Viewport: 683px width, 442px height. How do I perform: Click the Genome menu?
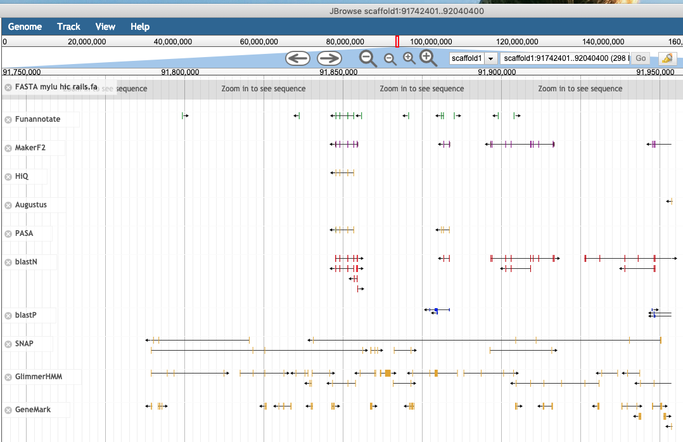tap(25, 27)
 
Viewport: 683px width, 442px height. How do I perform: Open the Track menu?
tap(68, 27)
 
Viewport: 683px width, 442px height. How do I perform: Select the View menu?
tap(105, 27)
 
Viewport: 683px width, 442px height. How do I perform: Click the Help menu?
tap(140, 27)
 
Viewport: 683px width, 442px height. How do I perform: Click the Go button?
tap(641, 58)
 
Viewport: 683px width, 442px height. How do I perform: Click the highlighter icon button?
tap(667, 58)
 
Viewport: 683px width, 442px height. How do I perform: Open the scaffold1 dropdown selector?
tap(473, 58)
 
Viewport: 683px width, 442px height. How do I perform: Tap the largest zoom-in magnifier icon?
tap(429, 58)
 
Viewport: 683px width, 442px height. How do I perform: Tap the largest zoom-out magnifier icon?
tap(368, 58)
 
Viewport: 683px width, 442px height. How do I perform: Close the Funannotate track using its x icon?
tap(8, 119)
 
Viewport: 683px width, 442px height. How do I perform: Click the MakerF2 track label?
tap(30, 148)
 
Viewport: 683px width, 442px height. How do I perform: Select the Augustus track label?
tap(31, 205)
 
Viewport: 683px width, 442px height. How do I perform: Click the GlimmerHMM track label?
tap(39, 377)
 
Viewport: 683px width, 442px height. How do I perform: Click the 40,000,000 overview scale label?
tap(173, 42)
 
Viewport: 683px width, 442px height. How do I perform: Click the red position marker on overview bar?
tap(397, 42)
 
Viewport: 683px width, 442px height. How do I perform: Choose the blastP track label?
tap(26, 315)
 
